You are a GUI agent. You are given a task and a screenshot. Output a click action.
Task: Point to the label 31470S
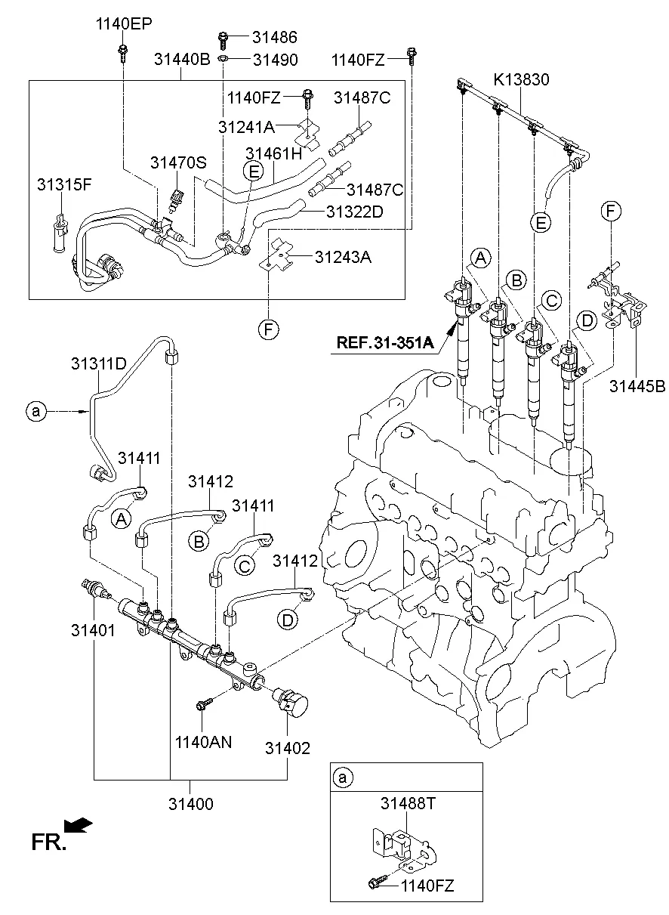(x=178, y=162)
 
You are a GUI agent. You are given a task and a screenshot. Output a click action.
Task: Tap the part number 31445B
(x=639, y=386)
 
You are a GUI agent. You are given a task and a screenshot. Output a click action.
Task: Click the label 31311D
(x=98, y=363)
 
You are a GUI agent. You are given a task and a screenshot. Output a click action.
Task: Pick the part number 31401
(x=94, y=629)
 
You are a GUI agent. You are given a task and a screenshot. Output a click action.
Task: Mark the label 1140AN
(x=204, y=742)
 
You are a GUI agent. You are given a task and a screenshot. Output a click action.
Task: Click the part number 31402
(x=288, y=748)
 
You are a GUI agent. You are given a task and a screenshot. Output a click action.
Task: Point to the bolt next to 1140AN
(x=202, y=705)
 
